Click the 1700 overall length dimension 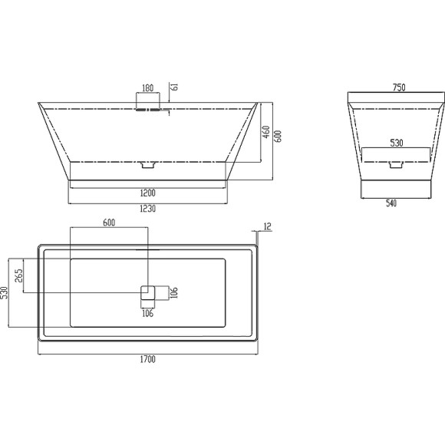click(148, 359)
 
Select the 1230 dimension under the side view click(148, 209)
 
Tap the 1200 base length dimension click(148, 193)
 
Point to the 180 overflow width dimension click(147, 88)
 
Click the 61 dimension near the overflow click(175, 87)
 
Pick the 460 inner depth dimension click(266, 132)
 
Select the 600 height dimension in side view click(278, 137)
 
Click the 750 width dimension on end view click(399, 87)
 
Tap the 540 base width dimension click(391, 203)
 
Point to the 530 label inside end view click(397, 143)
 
